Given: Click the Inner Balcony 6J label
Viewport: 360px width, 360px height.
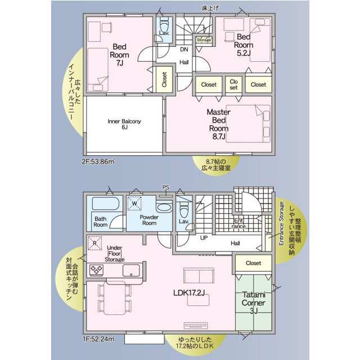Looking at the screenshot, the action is pos(124,124).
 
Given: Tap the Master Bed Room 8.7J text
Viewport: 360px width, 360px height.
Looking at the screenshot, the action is pos(218,124).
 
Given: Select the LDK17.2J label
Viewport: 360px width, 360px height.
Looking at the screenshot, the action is pos(189,292).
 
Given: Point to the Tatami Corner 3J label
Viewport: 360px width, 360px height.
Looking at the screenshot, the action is pos(254,303).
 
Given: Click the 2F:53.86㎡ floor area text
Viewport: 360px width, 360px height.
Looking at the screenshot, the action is pos(98,161).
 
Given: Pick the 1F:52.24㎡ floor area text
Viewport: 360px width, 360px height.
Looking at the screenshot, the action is pos(98,339).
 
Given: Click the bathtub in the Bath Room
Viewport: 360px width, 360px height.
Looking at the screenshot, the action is pos(106,204).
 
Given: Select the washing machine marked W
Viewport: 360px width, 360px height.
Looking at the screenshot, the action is pos(134,204).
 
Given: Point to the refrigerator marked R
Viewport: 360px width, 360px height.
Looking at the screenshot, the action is pos(94,243).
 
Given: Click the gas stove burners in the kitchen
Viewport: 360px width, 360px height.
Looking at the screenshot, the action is pos(96,270).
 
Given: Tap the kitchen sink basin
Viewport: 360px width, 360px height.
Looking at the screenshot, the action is pos(131,270).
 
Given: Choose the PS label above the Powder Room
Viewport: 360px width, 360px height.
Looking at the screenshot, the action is pos(166,187).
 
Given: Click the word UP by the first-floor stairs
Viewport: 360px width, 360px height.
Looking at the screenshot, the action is pos(204,238).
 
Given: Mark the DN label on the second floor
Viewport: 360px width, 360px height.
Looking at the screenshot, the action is pos(184,49).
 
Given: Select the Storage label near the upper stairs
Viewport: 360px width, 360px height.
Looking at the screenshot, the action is pos(204,40).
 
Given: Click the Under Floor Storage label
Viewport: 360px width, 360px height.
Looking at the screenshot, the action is pos(114,254).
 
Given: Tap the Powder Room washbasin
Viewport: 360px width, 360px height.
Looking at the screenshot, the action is pos(164,208).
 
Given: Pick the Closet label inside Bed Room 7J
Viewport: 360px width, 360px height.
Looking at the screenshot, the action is pos(164,79).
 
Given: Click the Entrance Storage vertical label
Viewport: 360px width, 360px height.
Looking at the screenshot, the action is pos(281,223).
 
